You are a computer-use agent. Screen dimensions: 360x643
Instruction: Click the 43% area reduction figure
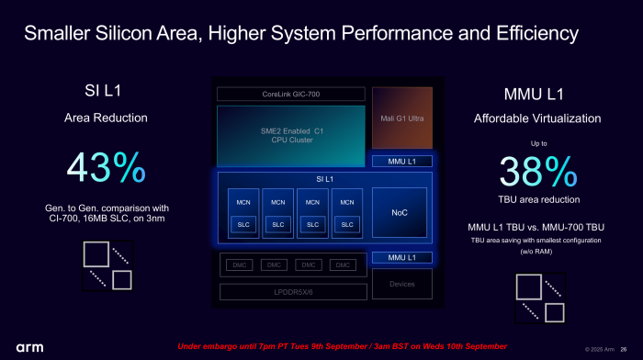pyautogui.click(x=106, y=167)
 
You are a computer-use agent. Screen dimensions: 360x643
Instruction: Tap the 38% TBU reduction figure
pyautogui.click(x=537, y=173)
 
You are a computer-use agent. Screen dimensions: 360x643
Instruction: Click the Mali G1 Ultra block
pyautogui.click(x=401, y=118)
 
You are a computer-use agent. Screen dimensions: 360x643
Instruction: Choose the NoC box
pyautogui.click(x=399, y=213)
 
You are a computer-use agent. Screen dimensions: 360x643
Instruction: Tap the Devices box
pyautogui.click(x=401, y=284)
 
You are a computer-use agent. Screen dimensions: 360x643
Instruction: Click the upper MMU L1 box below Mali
pyautogui.click(x=401, y=162)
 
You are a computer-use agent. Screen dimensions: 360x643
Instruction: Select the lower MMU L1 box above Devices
pyautogui.click(x=401, y=258)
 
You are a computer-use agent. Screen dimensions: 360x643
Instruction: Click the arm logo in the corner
pyautogui.click(x=29, y=347)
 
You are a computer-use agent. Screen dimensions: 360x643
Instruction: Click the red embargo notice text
pyautogui.click(x=342, y=346)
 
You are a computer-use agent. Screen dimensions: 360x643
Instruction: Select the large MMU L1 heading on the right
pyautogui.click(x=537, y=95)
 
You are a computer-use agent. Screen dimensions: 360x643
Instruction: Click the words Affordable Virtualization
pyautogui.click(x=537, y=118)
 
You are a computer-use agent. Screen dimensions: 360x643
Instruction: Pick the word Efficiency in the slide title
pyautogui.click(x=533, y=34)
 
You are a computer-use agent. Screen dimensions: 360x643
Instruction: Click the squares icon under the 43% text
pyautogui.click(x=107, y=265)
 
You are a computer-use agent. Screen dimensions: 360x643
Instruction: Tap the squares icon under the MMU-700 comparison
pyautogui.click(x=539, y=298)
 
